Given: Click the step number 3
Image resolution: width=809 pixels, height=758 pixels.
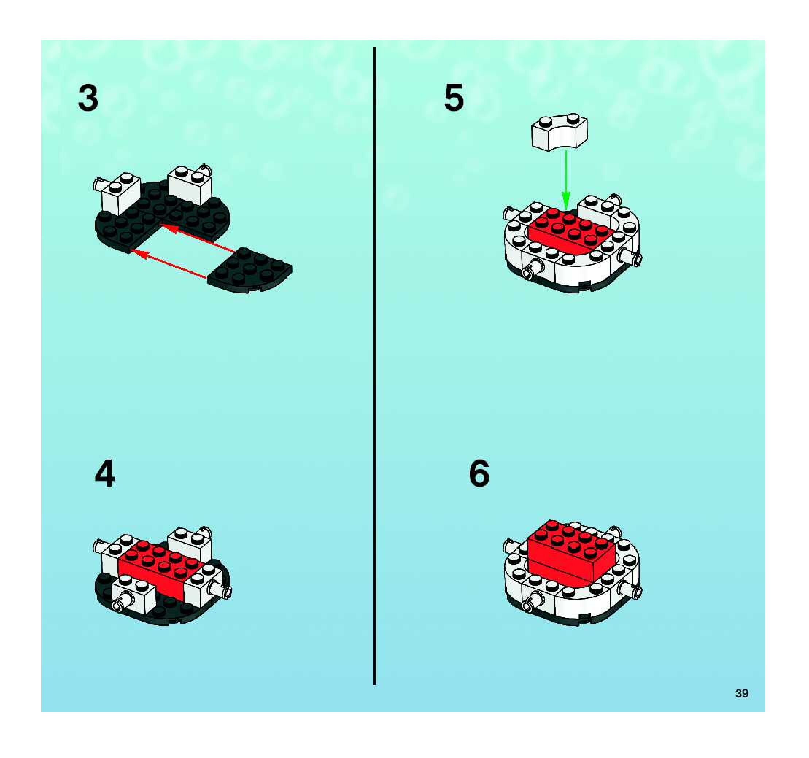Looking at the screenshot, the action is click(x=88, y=98).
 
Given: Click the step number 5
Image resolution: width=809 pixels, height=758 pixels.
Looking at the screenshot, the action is click(x=454, y=98).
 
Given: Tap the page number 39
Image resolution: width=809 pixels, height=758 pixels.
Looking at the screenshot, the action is click(x=742, y=693).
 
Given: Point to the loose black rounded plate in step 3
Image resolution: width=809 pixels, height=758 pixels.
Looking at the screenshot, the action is click(x=249, y=270).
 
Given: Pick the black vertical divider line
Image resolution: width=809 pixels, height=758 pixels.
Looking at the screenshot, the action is click(x=374, y=366).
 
